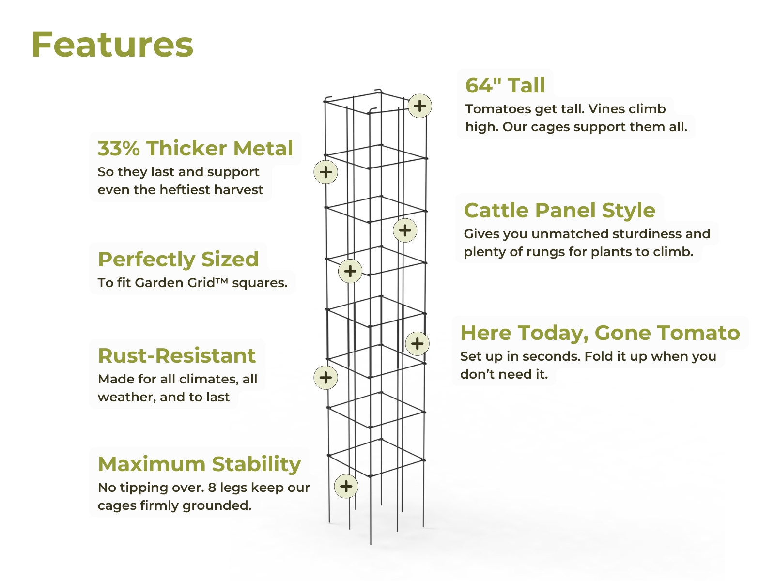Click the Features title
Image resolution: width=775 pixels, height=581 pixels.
point(112,45)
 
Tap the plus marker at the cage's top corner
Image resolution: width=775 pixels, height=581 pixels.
point(419,106)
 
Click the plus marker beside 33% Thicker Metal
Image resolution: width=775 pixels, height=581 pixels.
point(325,172)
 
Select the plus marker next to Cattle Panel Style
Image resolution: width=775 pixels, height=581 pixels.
point(405,230)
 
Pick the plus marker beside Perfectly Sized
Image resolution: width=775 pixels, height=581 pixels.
point(350,271)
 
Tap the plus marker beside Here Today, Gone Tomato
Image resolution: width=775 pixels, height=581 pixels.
point(418,344)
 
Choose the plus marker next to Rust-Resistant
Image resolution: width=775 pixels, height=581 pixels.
point(325,378)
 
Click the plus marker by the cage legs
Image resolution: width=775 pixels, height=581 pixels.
point(346,486)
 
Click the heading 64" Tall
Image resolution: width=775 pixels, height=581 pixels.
point(505,85)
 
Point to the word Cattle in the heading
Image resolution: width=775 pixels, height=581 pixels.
point(496,210)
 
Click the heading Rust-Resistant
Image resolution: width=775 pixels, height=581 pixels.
point(177,355)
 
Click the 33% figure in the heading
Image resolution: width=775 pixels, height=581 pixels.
point(119,148)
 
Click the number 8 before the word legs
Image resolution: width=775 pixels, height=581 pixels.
point(212,488)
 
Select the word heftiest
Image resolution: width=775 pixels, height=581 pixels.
point(186,190)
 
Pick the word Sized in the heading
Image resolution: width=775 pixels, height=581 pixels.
point(230,260)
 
